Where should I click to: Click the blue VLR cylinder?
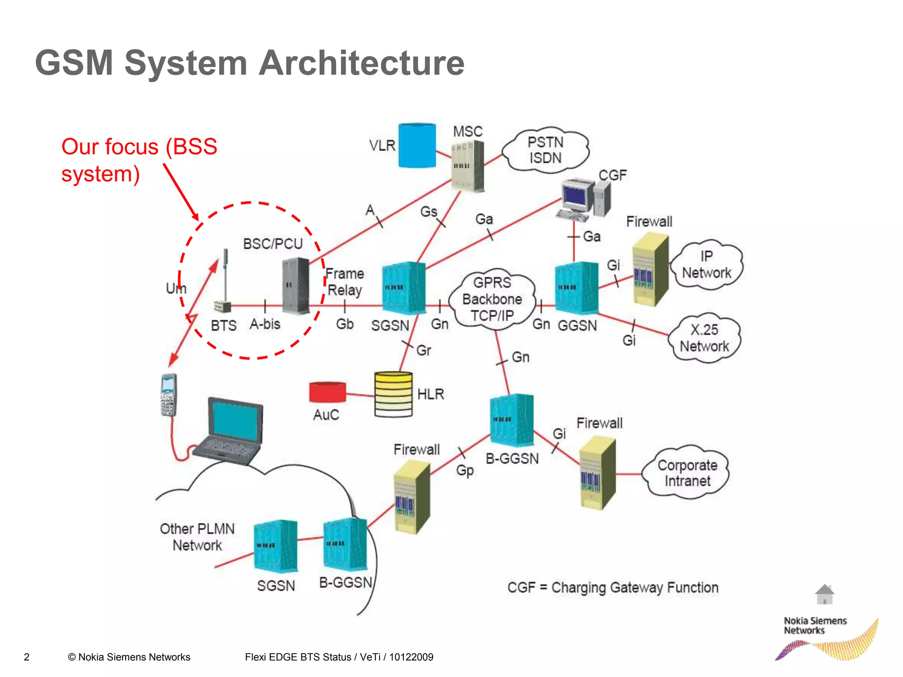417,145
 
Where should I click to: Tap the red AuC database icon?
327,392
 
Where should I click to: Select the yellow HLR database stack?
393,394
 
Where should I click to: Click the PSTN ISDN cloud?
545,150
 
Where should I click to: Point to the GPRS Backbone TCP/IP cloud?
492,299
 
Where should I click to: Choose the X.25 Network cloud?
704,338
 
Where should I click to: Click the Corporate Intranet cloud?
687,473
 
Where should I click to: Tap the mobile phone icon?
168,395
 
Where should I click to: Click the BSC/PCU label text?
273,244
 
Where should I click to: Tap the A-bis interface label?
265,324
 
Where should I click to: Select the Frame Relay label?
345,282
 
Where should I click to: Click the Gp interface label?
465,470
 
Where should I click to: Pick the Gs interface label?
429,212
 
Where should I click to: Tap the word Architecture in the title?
362,63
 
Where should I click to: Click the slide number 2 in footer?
26,657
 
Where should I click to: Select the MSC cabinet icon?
468,166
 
